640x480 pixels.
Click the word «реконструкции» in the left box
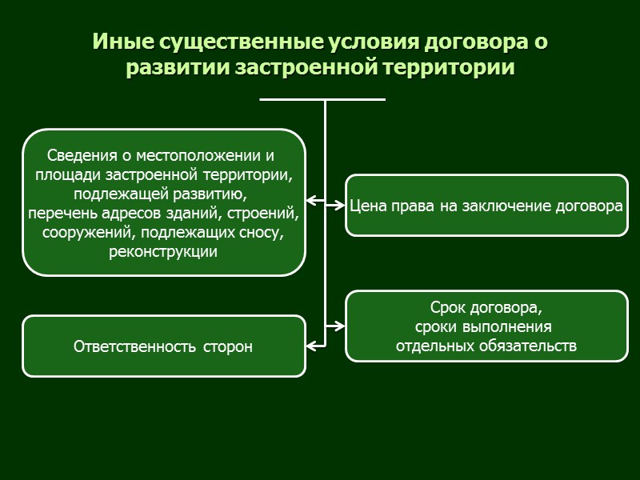[x=163, y=252]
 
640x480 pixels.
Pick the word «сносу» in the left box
[x=260, y=233]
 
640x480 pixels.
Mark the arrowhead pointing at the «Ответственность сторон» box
[x=311, y=346]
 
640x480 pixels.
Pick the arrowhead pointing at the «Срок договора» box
[x=339, y=326]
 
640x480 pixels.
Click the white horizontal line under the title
[x=322, y=99]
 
